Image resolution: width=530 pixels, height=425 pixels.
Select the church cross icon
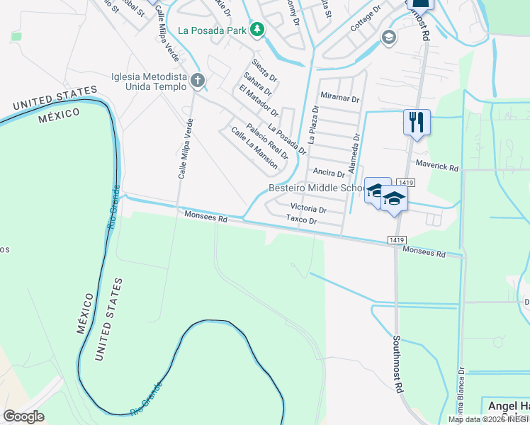[x=198, y=81]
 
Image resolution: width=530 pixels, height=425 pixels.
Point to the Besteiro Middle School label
[x=316, y=188]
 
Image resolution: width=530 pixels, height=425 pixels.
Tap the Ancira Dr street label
[x=328, y=172]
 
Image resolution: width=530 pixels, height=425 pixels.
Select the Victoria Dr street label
[x=308, y=210]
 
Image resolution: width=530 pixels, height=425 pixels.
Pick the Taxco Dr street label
[x=300, y=220]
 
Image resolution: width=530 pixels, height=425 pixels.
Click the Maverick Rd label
[x=437, y=168]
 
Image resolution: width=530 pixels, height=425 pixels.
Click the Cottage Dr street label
[x=366, y=20]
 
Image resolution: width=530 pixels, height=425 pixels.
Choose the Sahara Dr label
[x=256, y=83]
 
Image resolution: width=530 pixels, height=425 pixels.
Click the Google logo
[x=24, y=416]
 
